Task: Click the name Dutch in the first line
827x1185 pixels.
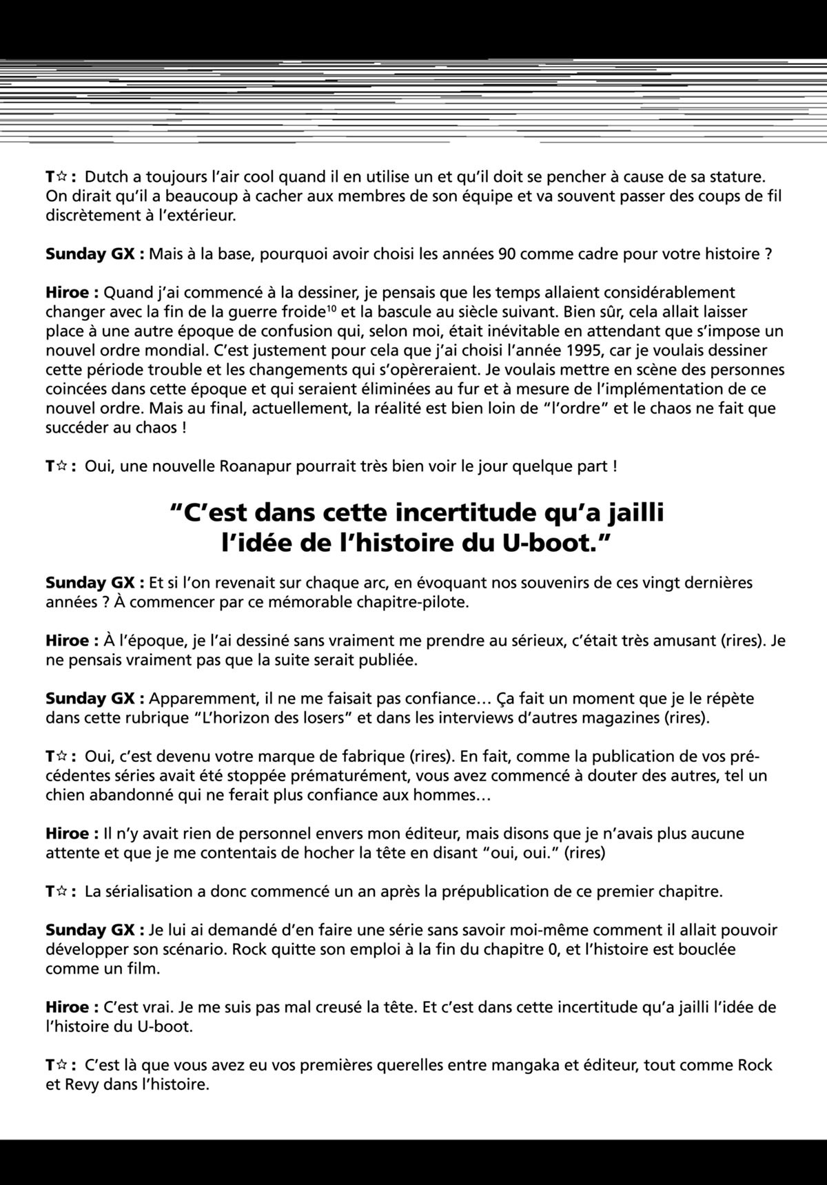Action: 106,177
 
